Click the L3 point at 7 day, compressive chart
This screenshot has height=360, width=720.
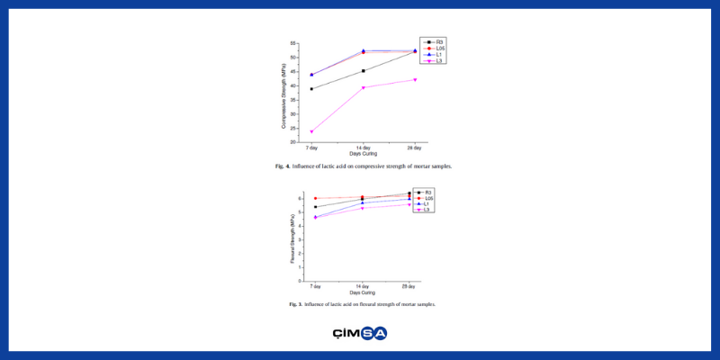pos(311,131)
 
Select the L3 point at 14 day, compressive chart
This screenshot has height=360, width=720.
pos(363,87)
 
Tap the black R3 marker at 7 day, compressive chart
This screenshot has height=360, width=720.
pos(311,89)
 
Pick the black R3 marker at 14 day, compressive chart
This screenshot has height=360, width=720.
pos(363,71)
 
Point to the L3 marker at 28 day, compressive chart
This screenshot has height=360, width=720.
pos(415,79)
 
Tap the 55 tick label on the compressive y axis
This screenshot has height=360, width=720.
pos(294,43)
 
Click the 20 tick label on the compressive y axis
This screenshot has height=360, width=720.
pos(294,142)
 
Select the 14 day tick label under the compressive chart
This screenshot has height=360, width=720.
pos(363,148)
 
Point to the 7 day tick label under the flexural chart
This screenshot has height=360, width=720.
pos(315,285)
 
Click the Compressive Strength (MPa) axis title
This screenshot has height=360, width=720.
pos(283,92)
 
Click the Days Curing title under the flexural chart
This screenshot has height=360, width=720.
pos(362,292)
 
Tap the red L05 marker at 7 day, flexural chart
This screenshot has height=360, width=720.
pos(315,198)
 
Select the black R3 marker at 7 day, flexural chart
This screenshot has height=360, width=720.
pos(315,207)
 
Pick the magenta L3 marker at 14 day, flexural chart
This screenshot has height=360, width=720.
pos(362,208)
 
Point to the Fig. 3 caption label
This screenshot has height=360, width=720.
pos(294,304)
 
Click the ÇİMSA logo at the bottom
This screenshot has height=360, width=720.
pos(359,333)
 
